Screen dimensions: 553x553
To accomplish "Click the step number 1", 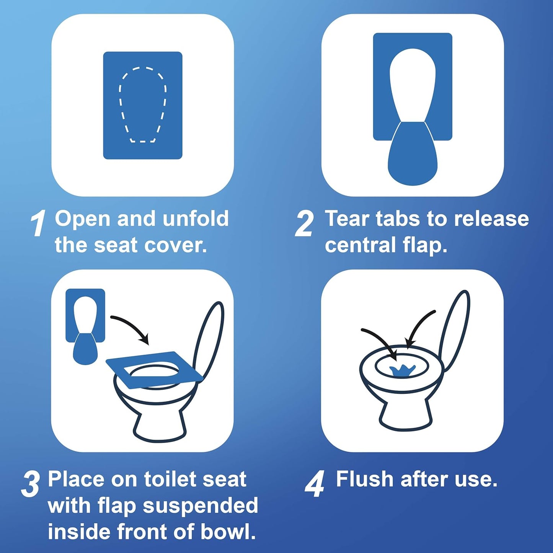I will tap(38, 223).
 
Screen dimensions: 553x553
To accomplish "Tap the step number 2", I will tap(305, 223).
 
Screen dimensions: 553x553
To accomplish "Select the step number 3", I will tap(31, 484).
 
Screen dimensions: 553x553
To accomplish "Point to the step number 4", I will tap(315, 484).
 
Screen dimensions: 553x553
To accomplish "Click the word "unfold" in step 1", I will tap(196, 219).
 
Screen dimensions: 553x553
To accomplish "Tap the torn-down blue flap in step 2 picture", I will tap(413, 157).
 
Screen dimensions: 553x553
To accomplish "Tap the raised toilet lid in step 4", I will tap(455, 329).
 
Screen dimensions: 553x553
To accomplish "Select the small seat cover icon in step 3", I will tap(85, 325).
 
